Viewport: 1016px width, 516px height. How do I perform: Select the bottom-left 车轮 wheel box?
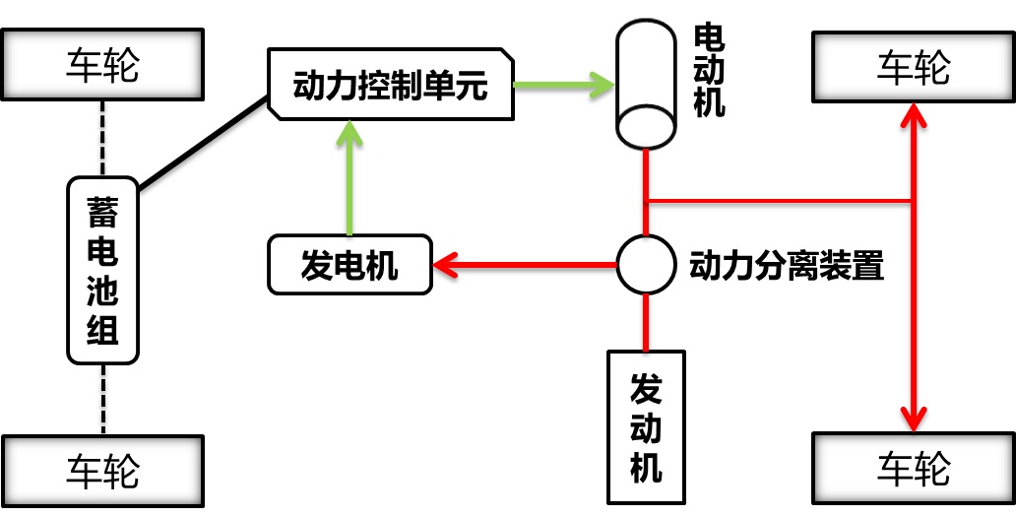click(x=102, y=470)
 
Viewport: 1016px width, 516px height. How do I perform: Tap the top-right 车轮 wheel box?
click(x=913, y=66)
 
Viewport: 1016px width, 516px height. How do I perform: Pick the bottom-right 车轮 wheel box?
click(x=913, y=470)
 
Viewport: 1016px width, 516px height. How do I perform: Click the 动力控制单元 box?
click(x=391, y=86)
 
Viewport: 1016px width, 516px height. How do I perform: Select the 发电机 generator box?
click(x=349, y=265)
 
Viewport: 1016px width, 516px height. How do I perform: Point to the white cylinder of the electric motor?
click(x=645, y=83)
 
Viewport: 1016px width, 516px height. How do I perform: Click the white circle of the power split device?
click(x=645, y=264)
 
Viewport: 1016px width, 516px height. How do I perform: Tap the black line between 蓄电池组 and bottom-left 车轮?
click(x=102, y=399)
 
